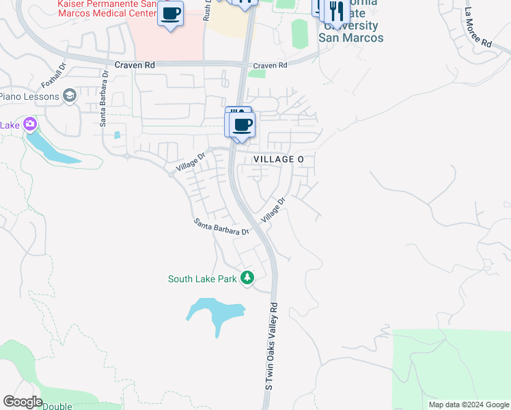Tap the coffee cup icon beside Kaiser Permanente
click(170, 14)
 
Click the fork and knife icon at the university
click(336, 12)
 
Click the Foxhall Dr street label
click(53, 77)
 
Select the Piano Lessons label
click(28, 96)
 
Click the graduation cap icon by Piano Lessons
click(69, 96)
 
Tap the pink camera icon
click(29, 124)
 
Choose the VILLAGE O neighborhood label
click(278, 159)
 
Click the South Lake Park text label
click(202, 279)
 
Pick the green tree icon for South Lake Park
click(247, 277)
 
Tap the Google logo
click(23, 402)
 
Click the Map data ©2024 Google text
click(468, 405)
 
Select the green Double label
click(57, 407)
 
